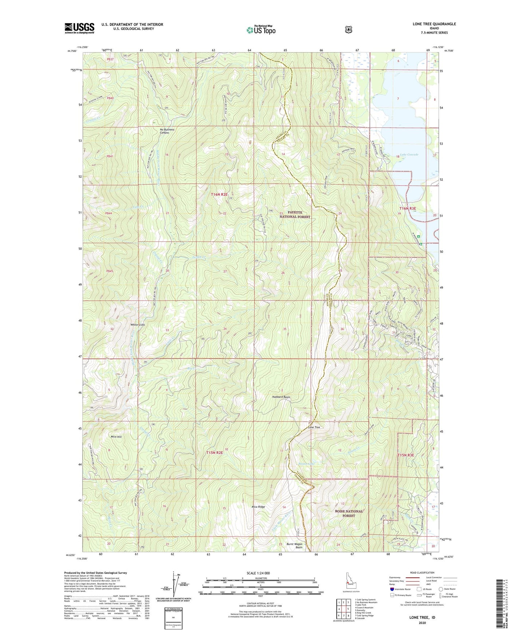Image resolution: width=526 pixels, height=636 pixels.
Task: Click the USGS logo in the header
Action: [x=79, y=28]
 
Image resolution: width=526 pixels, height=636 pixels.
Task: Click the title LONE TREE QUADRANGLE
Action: [x=434, y=24]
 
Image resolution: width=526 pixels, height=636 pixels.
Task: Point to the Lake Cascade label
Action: [x=409, y=154]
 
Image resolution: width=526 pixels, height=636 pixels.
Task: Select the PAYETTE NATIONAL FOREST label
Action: [x=295, y=215]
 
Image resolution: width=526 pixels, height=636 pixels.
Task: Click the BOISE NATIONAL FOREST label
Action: [x=349, y=513]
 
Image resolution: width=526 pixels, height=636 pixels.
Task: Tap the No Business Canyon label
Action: [x=167, y=131]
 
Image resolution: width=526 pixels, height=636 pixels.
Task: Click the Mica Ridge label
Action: [x=258, y=507]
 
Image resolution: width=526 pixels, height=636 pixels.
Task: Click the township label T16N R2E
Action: [x=219, y=195]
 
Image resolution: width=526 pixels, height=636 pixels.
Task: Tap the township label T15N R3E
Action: [x=406, y=455]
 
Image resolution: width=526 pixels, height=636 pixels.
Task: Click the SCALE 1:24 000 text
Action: [x=258, y=573]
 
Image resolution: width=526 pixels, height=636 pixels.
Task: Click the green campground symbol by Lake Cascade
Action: [x=419, y=236]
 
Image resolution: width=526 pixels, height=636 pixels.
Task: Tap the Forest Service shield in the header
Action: [x=348, y=30]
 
